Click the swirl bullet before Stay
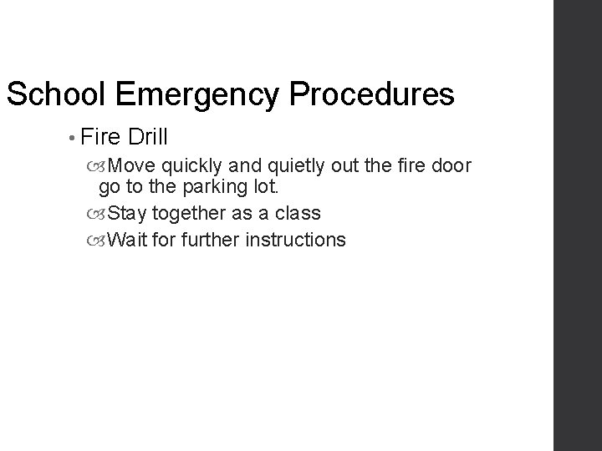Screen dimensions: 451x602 pyautogui.click(x=100, y=214)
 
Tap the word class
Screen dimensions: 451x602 pyautogui.click(x=298, y=213)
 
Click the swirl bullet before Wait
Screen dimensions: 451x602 pyautogui.click(x=100, y=241)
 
